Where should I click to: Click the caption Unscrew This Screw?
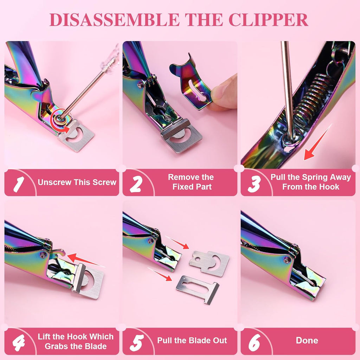pos(77,182)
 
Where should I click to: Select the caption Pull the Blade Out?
pos(192,340)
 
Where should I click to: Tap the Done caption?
pos(307,340)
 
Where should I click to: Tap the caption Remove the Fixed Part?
pos(192,182)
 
